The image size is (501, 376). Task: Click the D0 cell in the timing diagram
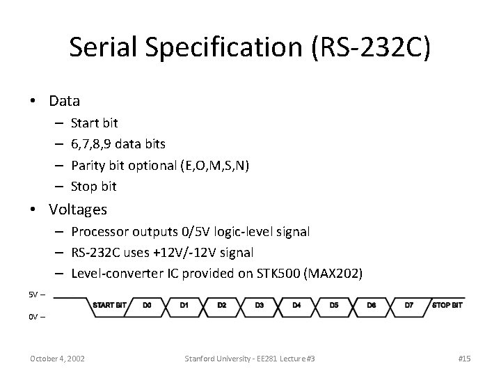(x=147, y=304)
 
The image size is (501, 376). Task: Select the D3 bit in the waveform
(x=259, y=304)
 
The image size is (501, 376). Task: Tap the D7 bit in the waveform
(x=409, y=304)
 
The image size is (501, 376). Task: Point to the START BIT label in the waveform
(x=110, y=304)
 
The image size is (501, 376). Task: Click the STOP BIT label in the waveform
(x=448, y=304)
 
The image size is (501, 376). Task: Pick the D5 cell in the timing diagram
(x=334, y=304)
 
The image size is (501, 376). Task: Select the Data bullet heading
(x=64, y=100)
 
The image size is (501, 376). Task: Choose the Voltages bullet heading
(x=78, y=209)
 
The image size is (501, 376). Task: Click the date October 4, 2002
(x=57, y=358)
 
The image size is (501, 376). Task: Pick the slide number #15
(x=465, y=358)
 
